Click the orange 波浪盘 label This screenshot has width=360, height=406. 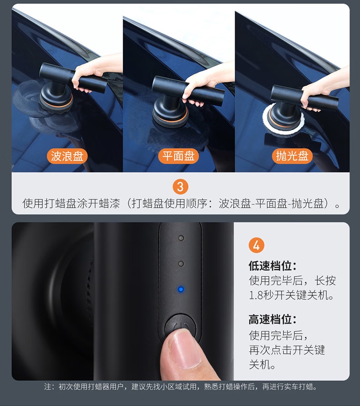click(67, 156)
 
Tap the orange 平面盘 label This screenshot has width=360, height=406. click(179, 156)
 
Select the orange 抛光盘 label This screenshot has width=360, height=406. click(292, 156)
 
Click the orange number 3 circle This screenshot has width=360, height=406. click(180, 187)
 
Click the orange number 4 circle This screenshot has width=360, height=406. click(257, 245)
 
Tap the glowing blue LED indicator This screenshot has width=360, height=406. click(181, 289)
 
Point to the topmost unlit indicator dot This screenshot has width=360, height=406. click(181, 238)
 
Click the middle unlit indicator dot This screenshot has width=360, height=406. click(181, 263)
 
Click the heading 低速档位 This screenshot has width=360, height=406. click(273, 266)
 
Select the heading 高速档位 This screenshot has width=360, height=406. click(273, 319)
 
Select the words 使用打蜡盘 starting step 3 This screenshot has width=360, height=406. click(49, 203)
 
